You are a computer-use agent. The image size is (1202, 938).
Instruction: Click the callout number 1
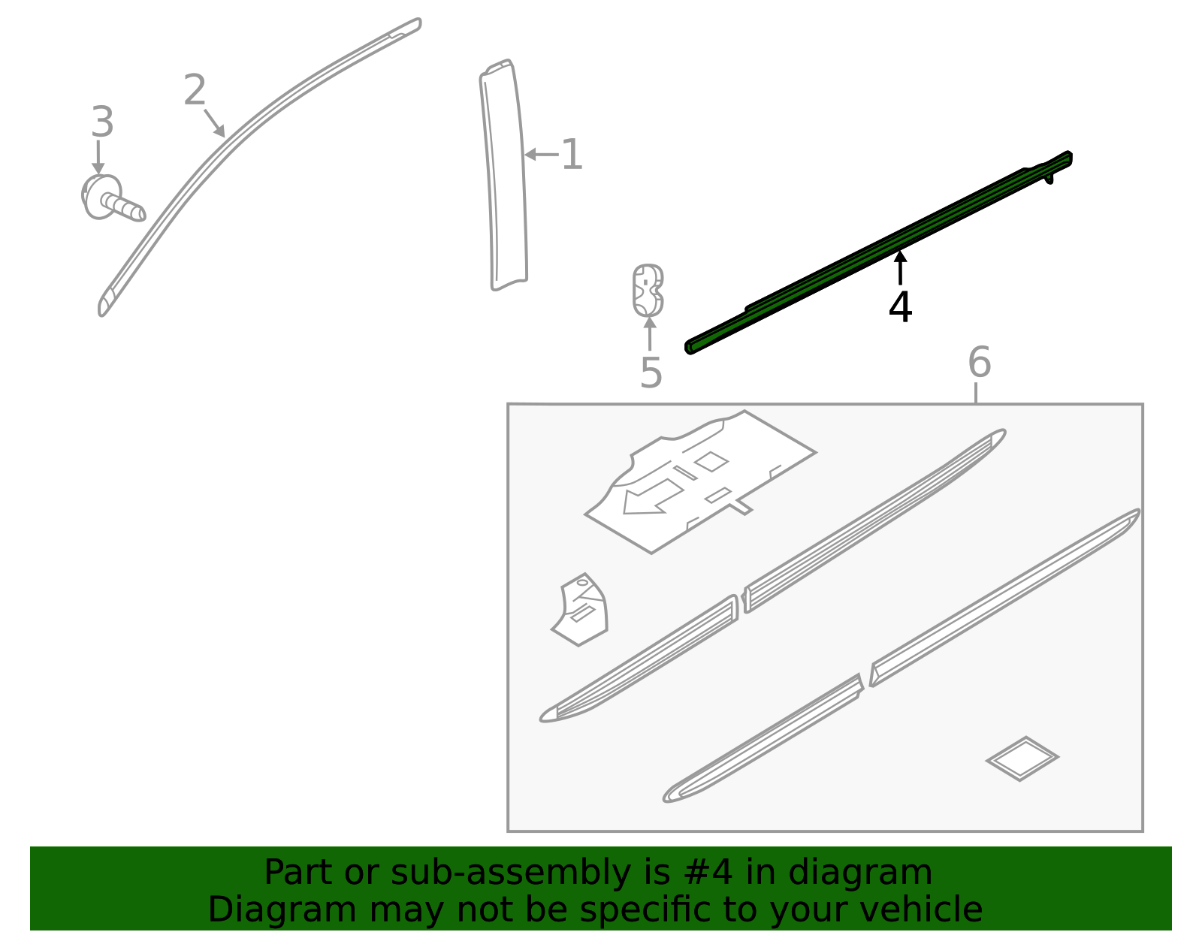click(x=572, y=155)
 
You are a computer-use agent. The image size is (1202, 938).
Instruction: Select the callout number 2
click(x=195, y=91)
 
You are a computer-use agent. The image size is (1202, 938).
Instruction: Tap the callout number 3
click(x=102, y=122)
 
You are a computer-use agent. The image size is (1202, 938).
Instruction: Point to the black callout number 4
click(x=900, y=307)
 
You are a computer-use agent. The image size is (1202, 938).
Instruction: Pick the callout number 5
click(x=651, y=373)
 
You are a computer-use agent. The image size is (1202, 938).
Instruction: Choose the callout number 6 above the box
click(x=979, y=363)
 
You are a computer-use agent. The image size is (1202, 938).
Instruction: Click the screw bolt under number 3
click(x=113, y=200)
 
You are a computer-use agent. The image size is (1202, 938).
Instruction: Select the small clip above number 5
click(x=648, y=291)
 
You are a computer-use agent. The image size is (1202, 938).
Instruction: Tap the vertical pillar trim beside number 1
click(x=505, y=176)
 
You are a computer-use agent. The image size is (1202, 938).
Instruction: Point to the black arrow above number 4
click(x=900, y=267)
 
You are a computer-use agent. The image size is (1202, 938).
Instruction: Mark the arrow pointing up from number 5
click(x=650, y=333)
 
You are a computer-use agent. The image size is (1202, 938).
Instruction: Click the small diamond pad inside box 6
click(x=1022, y=758)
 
